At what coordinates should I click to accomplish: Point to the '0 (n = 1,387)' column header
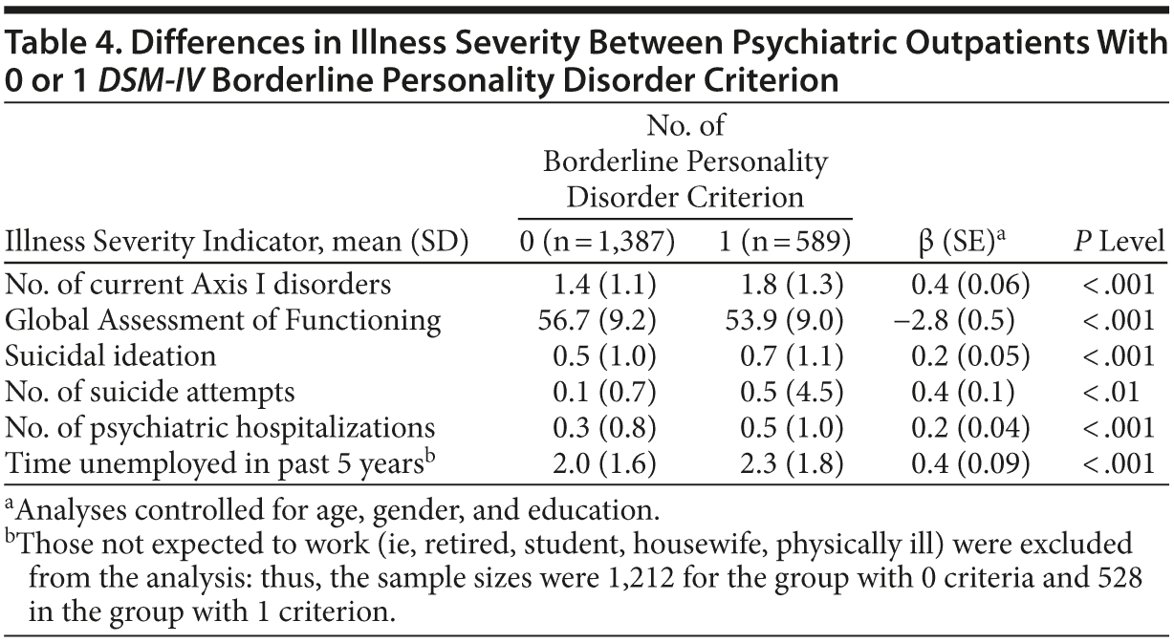pos(597,243)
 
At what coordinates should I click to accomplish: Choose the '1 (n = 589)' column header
pos(785,243)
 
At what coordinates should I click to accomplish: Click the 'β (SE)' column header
pos(960,243)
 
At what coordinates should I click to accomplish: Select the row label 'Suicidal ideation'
pos(111,355)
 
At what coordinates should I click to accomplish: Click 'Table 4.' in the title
pos(60,45)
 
